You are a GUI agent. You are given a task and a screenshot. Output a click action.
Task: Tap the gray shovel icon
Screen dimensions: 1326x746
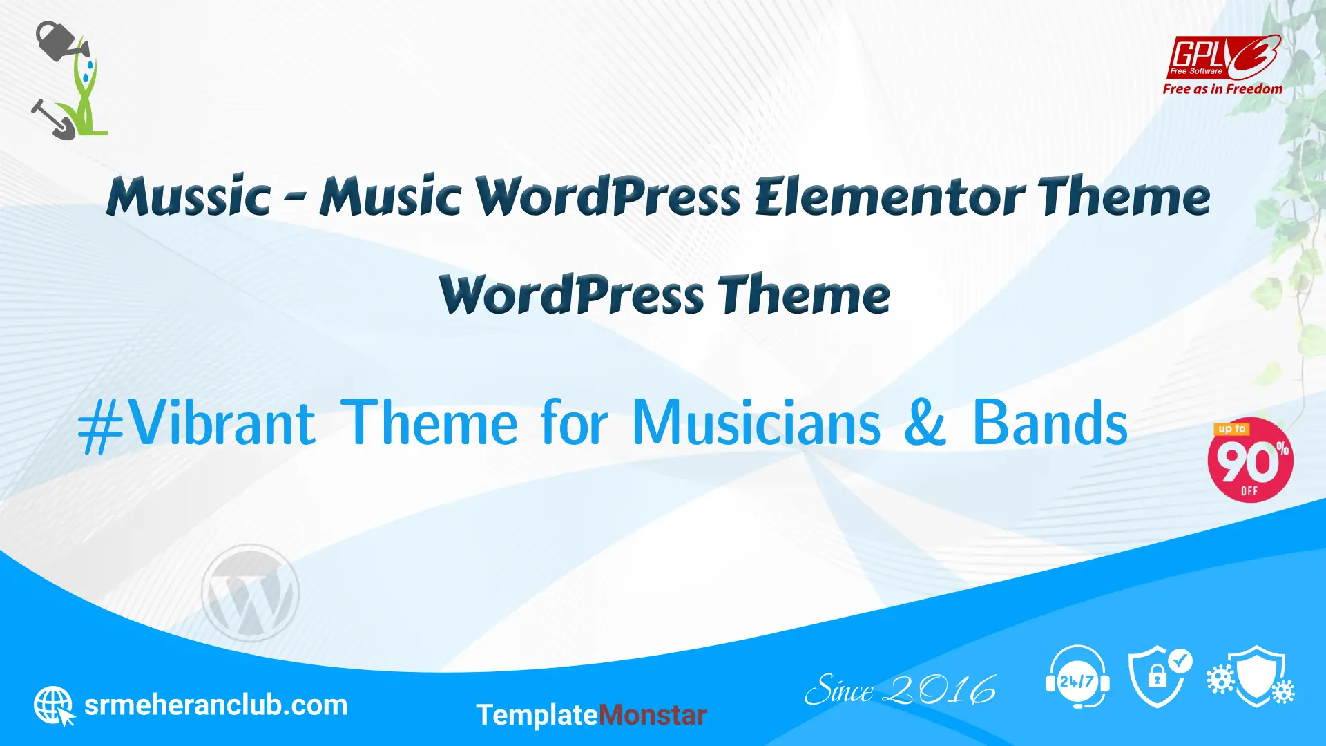[52, 119]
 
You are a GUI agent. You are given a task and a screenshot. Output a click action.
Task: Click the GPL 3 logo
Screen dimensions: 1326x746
[1224, 57]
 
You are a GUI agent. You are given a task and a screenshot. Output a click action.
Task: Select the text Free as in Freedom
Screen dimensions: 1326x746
[1222, 89]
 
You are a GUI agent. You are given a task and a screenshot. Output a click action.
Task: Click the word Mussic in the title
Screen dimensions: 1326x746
[189, 195]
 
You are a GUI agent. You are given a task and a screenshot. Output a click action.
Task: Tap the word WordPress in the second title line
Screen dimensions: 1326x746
[572, 294]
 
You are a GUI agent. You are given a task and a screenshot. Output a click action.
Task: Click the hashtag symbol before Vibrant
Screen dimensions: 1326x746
[101, 427]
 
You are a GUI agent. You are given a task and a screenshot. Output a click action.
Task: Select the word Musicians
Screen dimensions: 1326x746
[757, 423]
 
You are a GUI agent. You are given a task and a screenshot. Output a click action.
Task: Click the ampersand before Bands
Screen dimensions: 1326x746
[925, 423]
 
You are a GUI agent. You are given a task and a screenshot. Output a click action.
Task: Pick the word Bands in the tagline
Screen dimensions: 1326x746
[1050, 423]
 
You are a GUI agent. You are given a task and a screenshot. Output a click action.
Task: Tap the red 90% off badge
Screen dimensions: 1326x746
[1250, 460]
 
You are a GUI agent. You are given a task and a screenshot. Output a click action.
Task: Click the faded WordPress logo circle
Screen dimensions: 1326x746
[250, 593]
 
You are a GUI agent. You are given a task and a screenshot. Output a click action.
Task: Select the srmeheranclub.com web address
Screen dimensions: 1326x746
[215, 705]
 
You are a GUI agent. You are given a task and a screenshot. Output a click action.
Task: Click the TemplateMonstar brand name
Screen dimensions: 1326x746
[591, 715]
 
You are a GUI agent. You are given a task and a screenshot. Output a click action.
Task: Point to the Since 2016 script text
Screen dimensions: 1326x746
[901, 689]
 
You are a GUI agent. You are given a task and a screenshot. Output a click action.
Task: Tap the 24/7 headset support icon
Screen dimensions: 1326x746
[1077, 677]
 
